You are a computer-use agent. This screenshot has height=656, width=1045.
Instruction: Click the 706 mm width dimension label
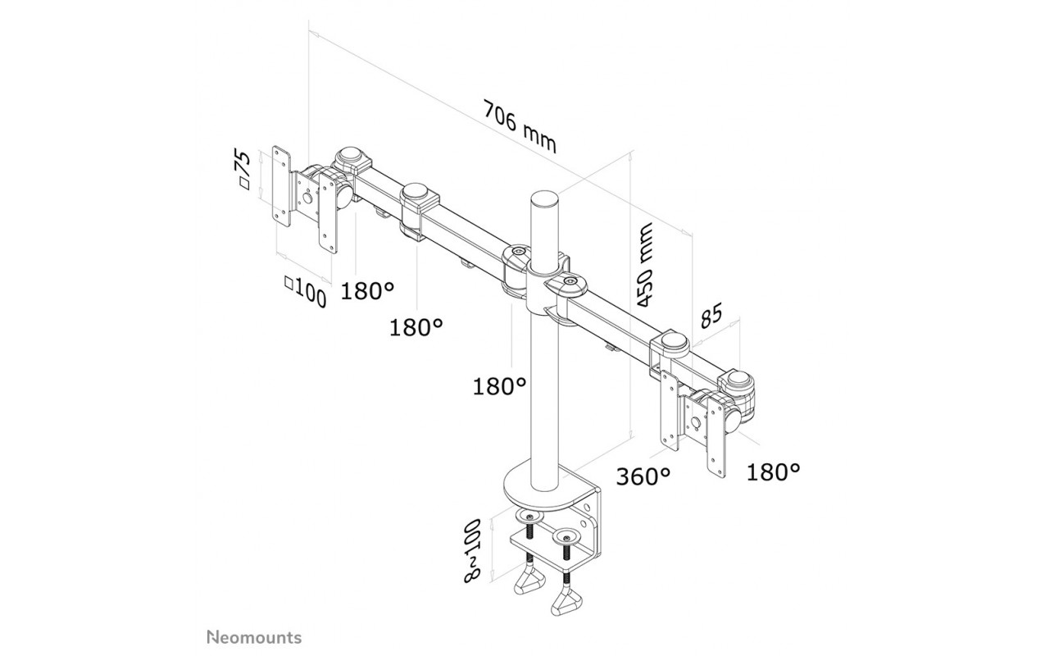click(x=520, y=126)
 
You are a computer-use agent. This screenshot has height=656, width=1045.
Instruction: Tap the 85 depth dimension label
click(x=711, y=315)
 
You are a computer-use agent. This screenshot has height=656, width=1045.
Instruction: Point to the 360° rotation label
click(x=643, y=476)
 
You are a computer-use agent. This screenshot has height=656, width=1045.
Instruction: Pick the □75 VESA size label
click(x=244, y=170)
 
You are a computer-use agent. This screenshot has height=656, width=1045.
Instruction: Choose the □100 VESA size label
click(x=305, y=292)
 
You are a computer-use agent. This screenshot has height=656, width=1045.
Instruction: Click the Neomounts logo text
click(x=254, y=637)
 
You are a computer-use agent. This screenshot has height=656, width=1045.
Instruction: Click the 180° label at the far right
click(x=774, y=472)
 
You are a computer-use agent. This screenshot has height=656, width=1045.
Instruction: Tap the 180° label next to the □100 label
click(x=368, y=291)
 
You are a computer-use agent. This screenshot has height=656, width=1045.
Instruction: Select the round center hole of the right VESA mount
click(x=696, y=423)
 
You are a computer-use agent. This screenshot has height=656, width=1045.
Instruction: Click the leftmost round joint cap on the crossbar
click(x=352, y=154)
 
